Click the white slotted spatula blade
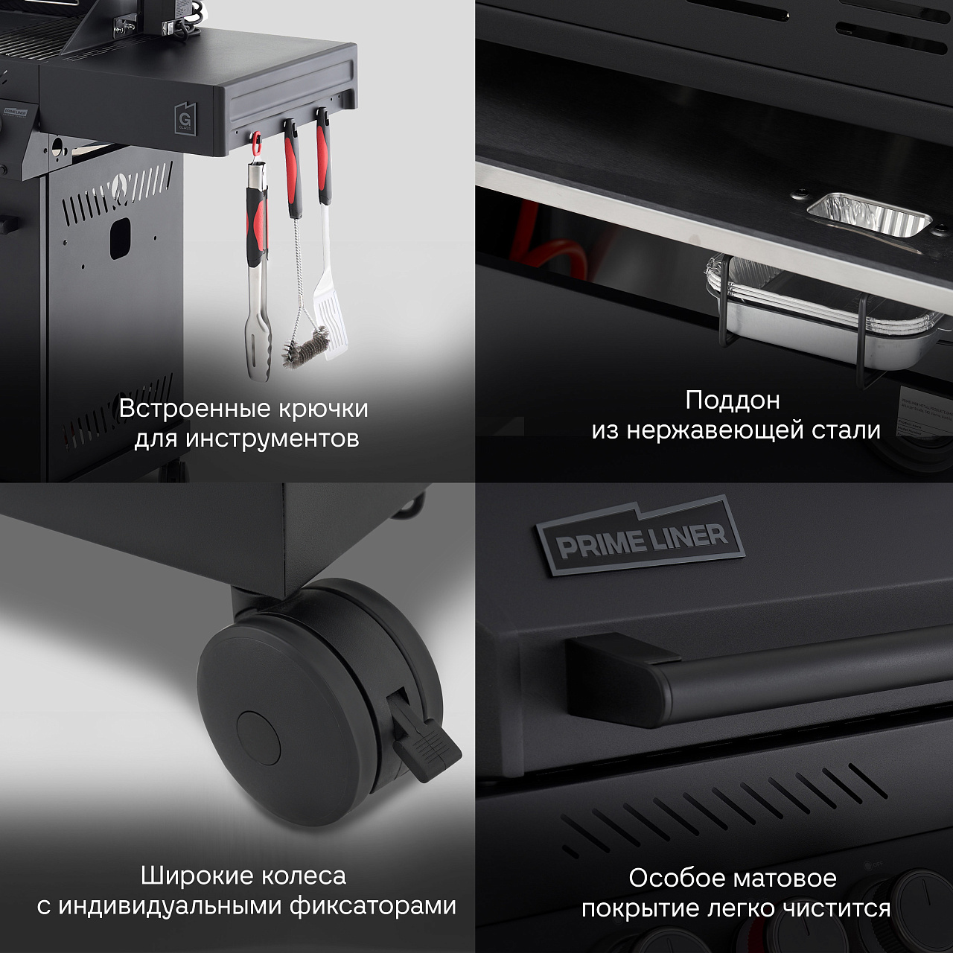327,313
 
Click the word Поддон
733,401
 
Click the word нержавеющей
721,430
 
